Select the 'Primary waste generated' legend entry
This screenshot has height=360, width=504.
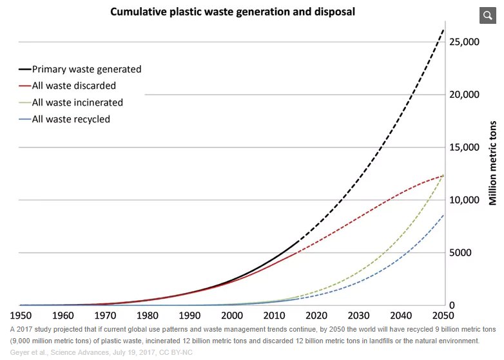pos(86,69)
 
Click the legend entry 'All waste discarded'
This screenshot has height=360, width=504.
pos(74,86)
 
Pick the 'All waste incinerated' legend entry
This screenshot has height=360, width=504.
pos(77,102)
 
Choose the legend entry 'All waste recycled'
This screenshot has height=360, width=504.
pos(71,119)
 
